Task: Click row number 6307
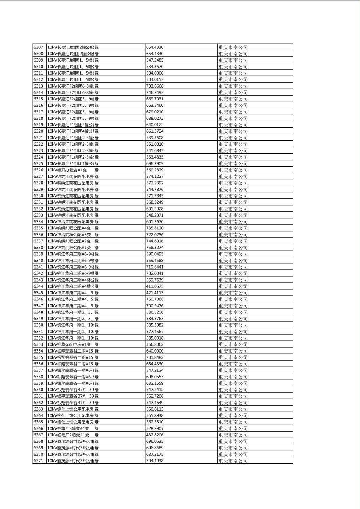(38, 47)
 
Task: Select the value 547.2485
(155, 60)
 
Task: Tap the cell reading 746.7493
(155, 92)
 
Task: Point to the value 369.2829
(155, 170)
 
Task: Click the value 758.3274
(155, 247)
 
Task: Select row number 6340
(38, 260)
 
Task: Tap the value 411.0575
(155, 286)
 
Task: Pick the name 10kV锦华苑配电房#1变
(69, 344)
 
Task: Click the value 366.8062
(155, 344)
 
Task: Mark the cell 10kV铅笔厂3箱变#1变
(68, 428)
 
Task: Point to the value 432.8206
(155, 435)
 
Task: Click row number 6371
(38, 461)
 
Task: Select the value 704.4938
(155, 461)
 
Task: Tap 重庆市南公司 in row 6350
(233, 325)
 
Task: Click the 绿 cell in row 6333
(97, 215)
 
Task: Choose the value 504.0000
(155, 73)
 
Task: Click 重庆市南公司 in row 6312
(233, 79)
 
